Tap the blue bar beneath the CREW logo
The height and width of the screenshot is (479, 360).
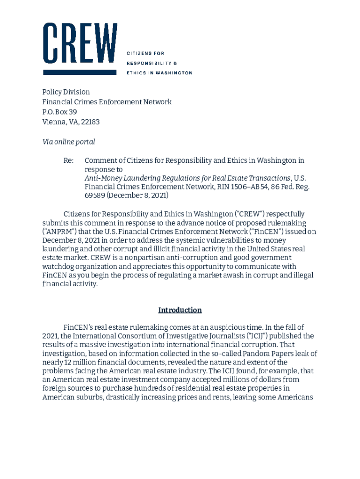click(79, 73)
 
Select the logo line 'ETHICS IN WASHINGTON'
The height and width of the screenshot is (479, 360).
click(159, 73)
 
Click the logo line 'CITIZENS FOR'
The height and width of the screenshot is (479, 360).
click(146, 53)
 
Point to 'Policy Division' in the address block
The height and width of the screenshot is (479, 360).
click(66, 92)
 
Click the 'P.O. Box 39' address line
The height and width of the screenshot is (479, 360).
click(60, 112)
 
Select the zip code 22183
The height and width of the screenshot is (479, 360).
click(90, 122)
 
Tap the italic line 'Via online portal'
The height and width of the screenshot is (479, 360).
click(69, 142)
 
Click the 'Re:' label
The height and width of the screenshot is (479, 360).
click(69, 161)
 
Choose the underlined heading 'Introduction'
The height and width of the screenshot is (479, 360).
click(180, 310)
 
